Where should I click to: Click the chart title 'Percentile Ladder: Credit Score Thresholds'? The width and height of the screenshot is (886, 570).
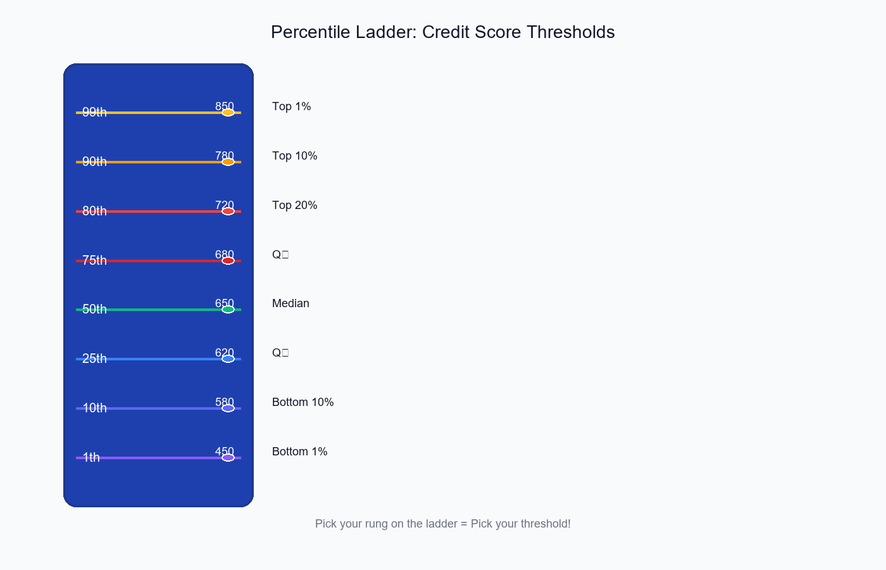[x=442, y=32]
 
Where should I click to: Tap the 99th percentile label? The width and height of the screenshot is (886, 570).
[x=94, y=112]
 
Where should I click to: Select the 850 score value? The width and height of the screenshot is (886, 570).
[x=225, y=106]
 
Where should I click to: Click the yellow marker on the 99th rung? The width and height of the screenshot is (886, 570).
[x=228, y=113]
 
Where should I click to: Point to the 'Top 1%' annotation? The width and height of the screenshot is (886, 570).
[x=291, y=106]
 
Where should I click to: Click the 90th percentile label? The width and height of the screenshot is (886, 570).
[x=94, y=161]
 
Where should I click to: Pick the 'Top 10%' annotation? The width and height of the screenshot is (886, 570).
[x=294, y=156]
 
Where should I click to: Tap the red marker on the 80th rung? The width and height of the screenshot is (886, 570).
[x=228, y=212]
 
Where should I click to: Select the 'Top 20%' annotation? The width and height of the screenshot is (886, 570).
[x=294, y=205]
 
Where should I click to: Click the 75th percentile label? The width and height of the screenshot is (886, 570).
[x=94, y=260]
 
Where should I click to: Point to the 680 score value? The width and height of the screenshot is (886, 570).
[x=225, y=254]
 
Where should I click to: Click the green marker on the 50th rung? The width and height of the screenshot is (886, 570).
[x=228, y=310]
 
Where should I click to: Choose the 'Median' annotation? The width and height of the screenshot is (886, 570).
[x=290, y=303]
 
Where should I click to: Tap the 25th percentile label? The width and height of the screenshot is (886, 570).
[x=94, y=358]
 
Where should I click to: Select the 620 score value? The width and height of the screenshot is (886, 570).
[x=225, y=352]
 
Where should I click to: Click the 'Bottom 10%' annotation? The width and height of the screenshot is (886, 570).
[x=303, y=402]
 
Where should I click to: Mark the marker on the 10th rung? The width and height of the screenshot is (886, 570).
[x=228, y=408]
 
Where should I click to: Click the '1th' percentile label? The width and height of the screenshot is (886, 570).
[x=91, y=457]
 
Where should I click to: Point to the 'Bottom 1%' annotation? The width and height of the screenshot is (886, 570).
[x=299, y=452]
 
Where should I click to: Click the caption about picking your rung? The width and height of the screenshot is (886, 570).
[x=442, y=524]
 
